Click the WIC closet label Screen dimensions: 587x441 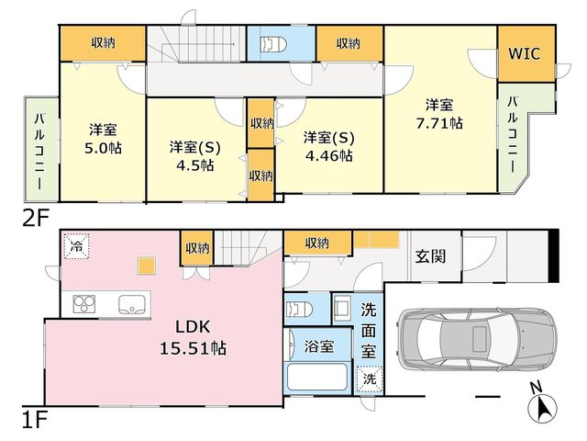[x=524, y=53]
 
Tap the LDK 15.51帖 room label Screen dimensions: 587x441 [x=194, y=337]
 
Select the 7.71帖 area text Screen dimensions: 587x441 [x=439, y=123]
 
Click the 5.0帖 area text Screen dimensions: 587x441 [x=104, y=148]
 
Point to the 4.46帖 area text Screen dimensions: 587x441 [x=329, y=155]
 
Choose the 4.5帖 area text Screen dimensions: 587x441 [x=195, y=165]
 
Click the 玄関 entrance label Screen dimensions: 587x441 [x=430, y=256]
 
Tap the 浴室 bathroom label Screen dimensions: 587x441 [x=319, y=346]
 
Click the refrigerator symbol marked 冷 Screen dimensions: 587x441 [x=77, y=246]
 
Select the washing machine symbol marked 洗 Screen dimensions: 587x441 [x=370, y=379]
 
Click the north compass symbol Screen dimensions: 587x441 [x=542, y=404]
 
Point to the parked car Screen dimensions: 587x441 [x=477, y=339]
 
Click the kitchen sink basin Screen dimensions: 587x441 [x=132, y=304]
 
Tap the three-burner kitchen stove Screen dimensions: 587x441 [x=84, y=304]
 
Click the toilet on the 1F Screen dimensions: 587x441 [x=299, y=310]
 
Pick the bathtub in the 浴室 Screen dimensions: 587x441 [x=316, y=377]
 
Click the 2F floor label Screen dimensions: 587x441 [x=36, y=219]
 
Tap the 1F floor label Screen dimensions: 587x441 [x=35, y=420]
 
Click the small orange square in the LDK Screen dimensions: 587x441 [x=146, y=266]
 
